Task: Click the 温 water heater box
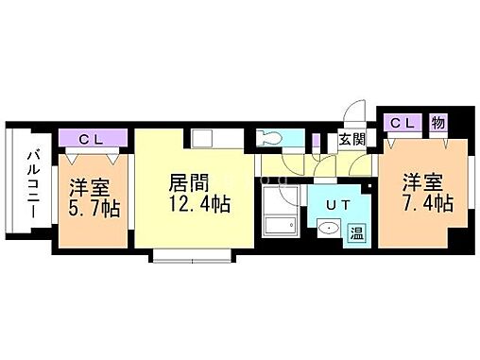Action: [x=359, y=231]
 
